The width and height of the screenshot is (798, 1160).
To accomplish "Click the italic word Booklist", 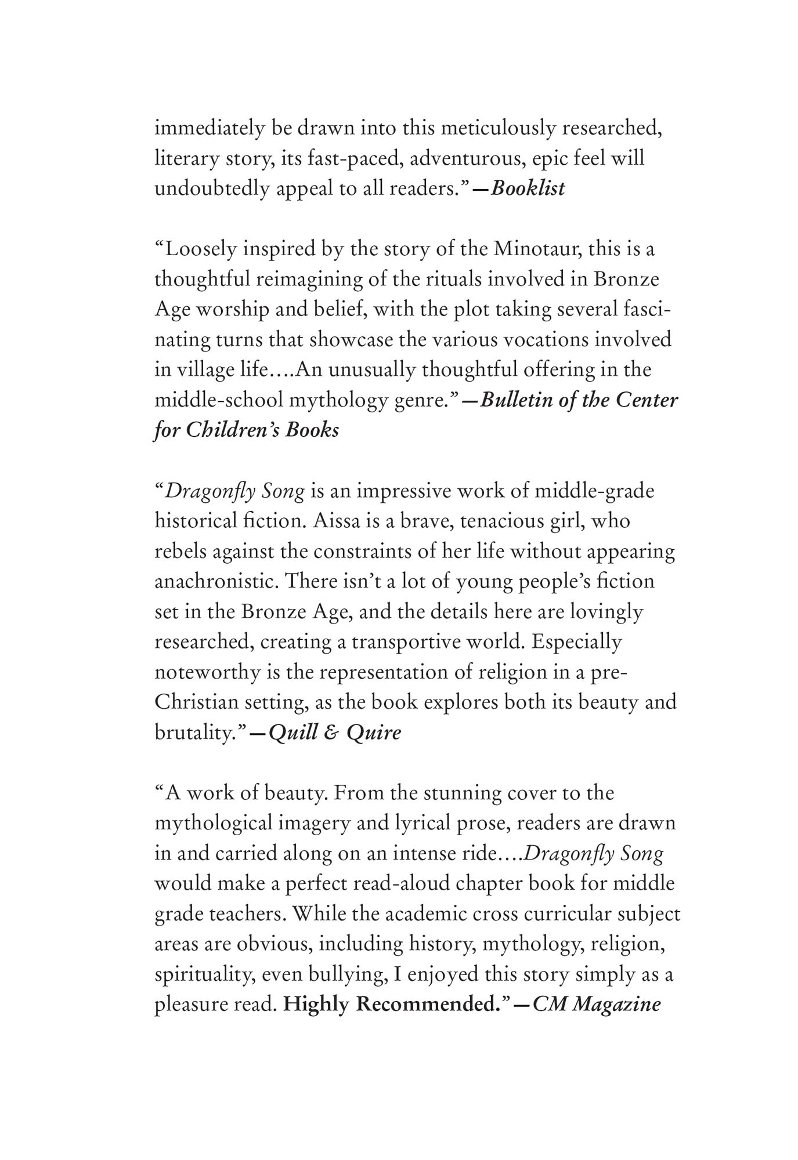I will click(528, 189).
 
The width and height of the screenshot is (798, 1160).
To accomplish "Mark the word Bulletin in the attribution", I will click(516, 400).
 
